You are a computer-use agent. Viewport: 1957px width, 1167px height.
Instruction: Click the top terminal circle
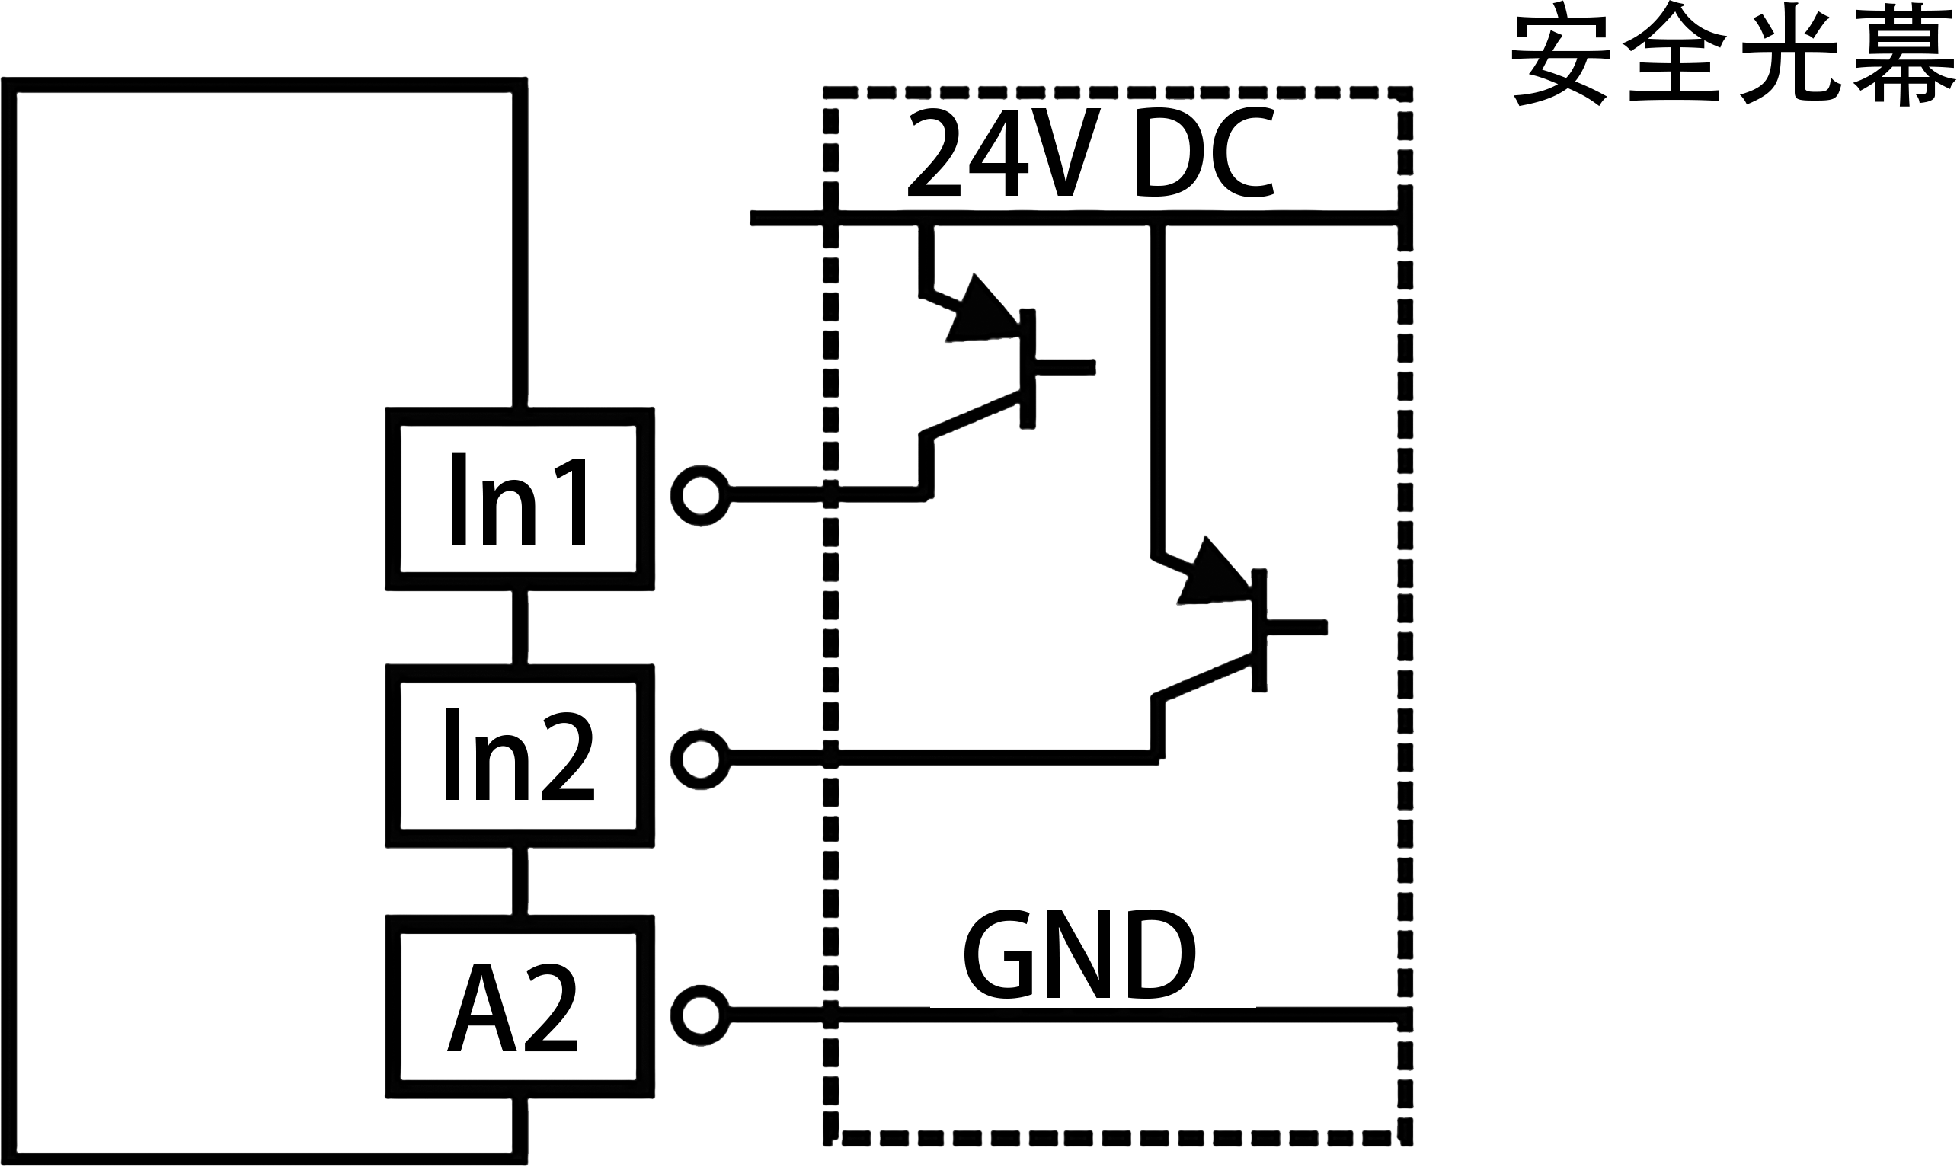(x=700, y=495)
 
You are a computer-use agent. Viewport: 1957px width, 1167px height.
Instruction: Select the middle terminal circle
(x=700, y=759)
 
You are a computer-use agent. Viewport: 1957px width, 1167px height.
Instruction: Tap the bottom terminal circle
(x=700, y=1015)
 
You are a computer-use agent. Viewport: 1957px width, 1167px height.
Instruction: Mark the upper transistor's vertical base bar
(x=1027, y=368)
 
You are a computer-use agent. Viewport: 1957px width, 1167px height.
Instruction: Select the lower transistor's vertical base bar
(x=1258, y=629)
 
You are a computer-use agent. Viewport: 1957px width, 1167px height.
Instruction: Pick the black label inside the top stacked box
(x=518, y=497)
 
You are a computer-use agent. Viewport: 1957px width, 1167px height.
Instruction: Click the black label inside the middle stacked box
(x=519, y=754)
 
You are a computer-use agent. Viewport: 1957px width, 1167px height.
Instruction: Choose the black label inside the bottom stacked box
(x=512, y=1006)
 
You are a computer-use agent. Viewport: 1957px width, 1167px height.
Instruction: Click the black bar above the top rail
(x=1091, y=152)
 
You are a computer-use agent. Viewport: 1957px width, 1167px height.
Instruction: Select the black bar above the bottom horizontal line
(x=1079, y=953)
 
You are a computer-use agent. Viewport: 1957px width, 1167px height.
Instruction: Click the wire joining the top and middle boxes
(x=519, y=627)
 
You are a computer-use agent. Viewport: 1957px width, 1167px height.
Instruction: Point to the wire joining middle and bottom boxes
(x=519, y=881)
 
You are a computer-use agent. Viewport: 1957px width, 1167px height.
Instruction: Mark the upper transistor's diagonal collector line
(x=975, y=414)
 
